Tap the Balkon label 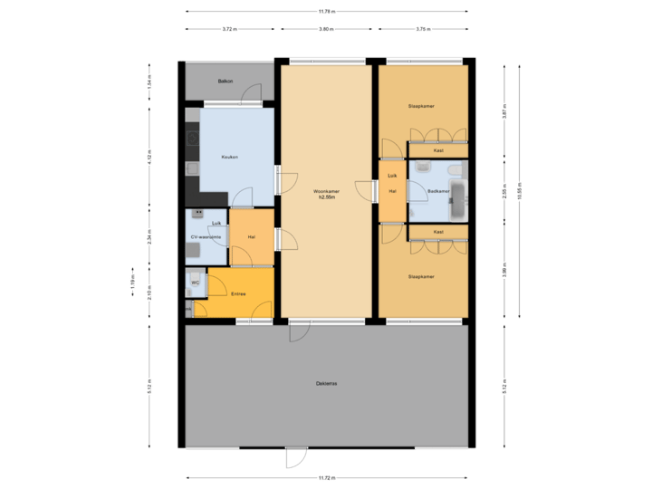tap(225, 81)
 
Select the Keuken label tap(229, 158)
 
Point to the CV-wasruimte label tap(206, 237)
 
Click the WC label tap(195, 283)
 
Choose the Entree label tap(239, 293)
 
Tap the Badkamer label tap(438, 191)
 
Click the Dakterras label tap(327, 384)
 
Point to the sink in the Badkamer tap(423, 167)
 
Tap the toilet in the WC tap(194, 274)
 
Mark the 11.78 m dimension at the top tap(326, 12)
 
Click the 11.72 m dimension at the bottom tap(326, 477)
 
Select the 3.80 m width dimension tap(327, 29)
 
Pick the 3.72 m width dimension tap(230, 29)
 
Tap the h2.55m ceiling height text tap(326, 197)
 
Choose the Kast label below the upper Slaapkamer tap(438, 150)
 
